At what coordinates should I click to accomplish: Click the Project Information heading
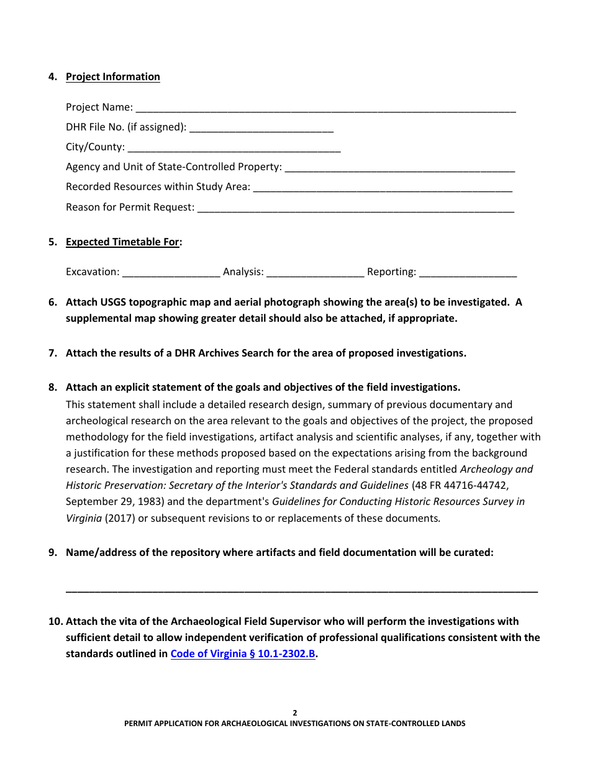point(112,76)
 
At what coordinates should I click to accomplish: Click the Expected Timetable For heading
point(122,242)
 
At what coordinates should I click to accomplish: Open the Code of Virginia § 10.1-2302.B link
point(243,653)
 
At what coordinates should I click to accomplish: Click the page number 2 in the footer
point(295,713)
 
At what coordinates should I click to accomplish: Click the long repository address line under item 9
point(302,589)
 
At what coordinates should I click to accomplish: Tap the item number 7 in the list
point(53,353)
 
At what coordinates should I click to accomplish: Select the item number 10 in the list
point(55,621)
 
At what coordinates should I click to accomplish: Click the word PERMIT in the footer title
point(140,724)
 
